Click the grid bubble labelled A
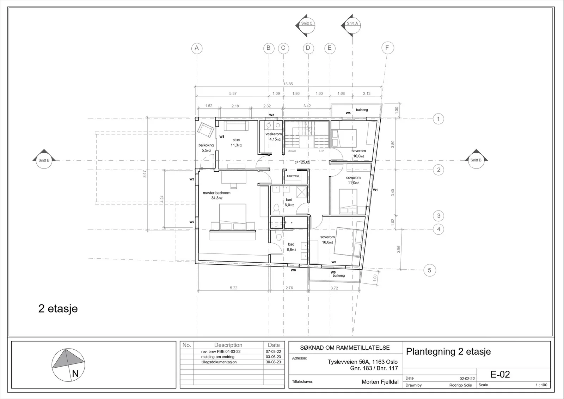[197, 48]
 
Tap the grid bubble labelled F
[387, 48]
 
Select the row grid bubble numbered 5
[430, 270]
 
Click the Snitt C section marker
[305, 25]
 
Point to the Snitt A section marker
[351, 25]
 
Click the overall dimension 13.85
[288, 84]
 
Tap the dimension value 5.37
[233, 93]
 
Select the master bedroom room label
[216, 193]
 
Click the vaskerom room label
[274, 134]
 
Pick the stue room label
[236, 140]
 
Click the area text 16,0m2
[327, 242]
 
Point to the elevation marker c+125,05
[302, 162]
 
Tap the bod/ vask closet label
[293, 176]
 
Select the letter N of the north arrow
[75, 374]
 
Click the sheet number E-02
[500, 374]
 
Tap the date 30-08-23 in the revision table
[273, 362]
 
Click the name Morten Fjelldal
[380, 382]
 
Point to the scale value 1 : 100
[541, 385]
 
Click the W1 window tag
[375, 190]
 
